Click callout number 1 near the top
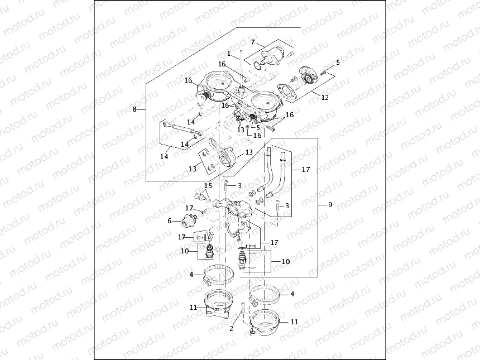coord(229,53)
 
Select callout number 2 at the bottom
coord(231,328)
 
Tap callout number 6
coord(169,220)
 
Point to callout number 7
coord(253,42)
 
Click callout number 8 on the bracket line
coord(135,109)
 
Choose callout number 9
coord(330,205)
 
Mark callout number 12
coord(324,97)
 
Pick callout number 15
coord(208,185)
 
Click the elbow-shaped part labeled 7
coord(271,59)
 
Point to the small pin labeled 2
coord(243,310)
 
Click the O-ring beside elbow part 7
coord(256,66)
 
